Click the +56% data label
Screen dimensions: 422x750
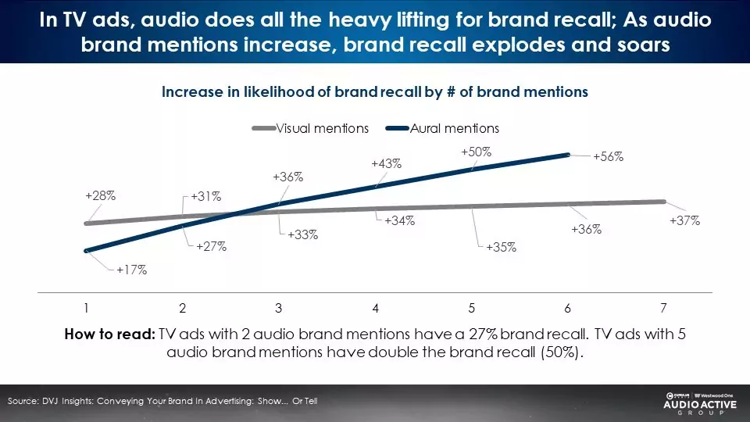pos(608,156)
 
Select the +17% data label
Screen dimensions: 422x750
pos(132,270)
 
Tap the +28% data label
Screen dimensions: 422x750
pos(101,195)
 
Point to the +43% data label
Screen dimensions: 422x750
pos(386,163)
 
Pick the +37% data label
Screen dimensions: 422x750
pos(684,221)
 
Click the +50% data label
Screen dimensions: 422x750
pos(476,152)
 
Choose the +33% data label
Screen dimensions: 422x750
pos(302,234)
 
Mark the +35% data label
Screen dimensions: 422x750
pos(501,248)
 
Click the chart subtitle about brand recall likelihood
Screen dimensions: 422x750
pos(374,91)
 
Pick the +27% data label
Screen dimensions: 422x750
pos(211,246)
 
